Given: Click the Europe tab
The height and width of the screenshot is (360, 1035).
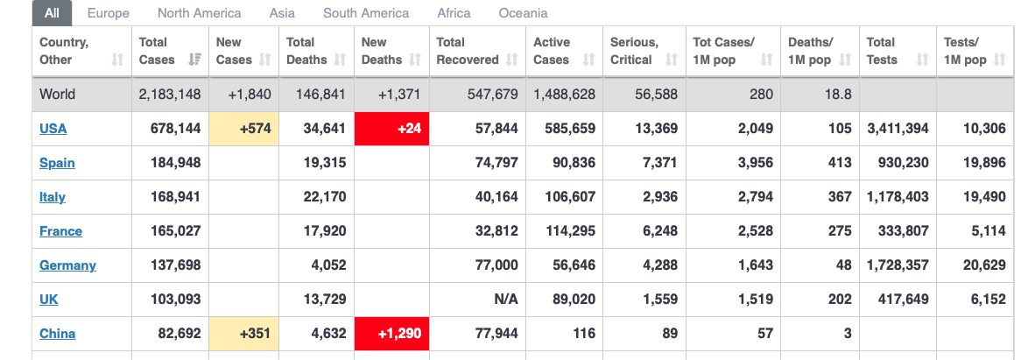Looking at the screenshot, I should click(109, 13).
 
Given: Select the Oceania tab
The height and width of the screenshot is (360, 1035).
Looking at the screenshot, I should click(523, 13).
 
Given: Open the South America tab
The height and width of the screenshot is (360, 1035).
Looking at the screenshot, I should click(365, 13).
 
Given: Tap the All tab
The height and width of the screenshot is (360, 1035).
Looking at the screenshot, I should click(53, 13).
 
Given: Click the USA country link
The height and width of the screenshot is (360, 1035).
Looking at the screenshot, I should click(53, 129).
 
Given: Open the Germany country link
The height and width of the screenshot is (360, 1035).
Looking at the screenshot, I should click(67, 265).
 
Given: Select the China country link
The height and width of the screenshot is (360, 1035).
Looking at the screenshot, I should click(58, 334).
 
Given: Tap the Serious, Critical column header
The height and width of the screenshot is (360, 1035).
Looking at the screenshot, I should click(634, 51).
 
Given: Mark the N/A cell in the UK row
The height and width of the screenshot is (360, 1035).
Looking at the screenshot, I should click(506, 300).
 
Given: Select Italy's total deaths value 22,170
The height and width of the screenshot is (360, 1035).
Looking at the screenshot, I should click(325, 197).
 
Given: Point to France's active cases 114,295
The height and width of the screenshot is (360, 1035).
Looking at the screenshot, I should click(565, 231).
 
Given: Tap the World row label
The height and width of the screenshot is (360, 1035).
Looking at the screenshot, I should click(58, 95).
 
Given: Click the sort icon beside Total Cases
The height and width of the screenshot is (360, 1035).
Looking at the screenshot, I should click(194, 60).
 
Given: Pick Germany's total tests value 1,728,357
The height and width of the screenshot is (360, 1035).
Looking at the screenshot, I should click(898, 265).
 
